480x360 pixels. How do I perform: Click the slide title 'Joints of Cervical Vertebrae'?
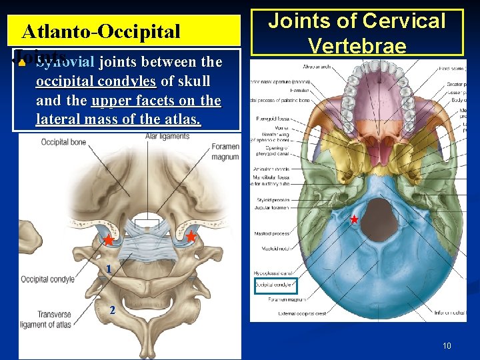point(356,32)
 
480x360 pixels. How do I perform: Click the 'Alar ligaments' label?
point(167,136)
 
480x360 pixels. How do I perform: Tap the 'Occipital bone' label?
point(63,142)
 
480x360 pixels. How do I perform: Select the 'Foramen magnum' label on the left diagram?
point(225,151)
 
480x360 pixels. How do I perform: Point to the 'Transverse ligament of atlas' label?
point(46,320)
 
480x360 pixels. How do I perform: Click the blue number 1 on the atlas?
point(107,268)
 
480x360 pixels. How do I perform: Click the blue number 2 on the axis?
point(112,309)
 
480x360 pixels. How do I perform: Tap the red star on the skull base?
point(354,219)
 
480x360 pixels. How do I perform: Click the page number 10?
point(447,345)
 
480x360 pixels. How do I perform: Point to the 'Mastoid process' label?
point(272,233)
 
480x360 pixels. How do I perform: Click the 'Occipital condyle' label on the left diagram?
point(48,279)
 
